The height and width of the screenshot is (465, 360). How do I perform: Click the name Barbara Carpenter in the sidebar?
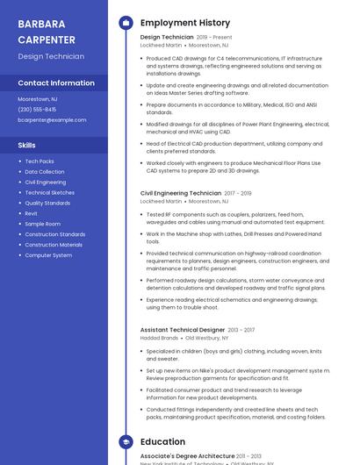[47, 31]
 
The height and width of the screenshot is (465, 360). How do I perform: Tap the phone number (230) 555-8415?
[37, 109]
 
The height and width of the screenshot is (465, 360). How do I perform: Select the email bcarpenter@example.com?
[52, 119]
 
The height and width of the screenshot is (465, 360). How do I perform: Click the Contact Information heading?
[56, 82]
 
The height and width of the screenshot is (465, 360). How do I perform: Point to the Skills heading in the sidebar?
[27, 145]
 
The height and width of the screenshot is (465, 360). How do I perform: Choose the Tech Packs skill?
[40, 161]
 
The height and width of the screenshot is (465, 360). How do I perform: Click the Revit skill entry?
[32, 213]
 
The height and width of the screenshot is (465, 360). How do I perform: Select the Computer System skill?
[48, 255]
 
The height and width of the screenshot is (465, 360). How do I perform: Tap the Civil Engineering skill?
[46, 182]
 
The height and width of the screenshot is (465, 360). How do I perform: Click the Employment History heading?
[185, 23]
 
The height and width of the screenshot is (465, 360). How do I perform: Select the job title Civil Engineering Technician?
[181, 193]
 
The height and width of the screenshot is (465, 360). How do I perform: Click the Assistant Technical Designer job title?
[183, 330]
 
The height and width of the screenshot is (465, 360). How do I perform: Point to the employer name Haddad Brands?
[159, 338]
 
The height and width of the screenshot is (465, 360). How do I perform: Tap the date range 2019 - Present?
[214, 38]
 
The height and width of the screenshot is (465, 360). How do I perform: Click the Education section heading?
[162, 442]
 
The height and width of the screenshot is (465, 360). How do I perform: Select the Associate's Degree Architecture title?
[187, 456]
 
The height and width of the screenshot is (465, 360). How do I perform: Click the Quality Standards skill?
[47, 203]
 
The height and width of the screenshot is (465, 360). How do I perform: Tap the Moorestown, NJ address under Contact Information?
[38, 99]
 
